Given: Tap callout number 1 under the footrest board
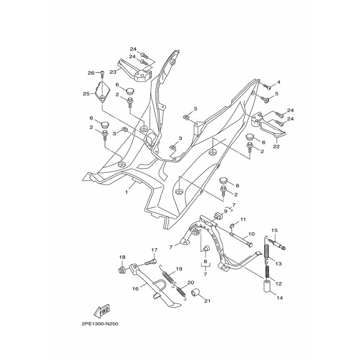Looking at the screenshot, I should tap(126, 192).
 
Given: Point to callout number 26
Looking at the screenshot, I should tap(90, 72).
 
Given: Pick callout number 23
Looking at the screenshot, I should tap(112, 72).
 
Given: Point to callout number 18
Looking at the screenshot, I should tap(121, 257).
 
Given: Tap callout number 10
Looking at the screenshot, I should tap(252, 234).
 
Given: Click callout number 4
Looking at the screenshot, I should tap(279, 82).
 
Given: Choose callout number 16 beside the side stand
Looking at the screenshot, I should tap(122, 289).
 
